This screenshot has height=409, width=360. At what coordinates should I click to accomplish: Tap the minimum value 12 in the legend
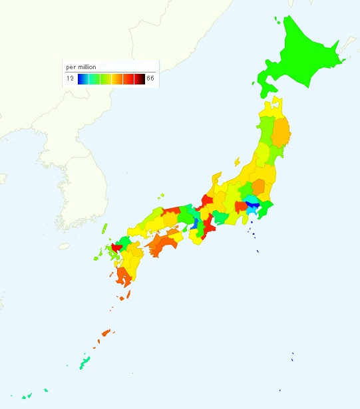pyautogui.click(x=70, y=78)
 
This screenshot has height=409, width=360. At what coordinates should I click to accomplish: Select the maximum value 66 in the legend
pyautogui.click(x=150, y=78)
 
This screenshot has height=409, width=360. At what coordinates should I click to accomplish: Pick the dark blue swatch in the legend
pyautogui.click(x=81, y=79)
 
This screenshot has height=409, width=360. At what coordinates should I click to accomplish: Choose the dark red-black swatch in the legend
pyautogui.click(x=140, y=79)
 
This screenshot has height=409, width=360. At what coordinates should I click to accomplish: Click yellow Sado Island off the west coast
pyautogui.click(x=237, y=161)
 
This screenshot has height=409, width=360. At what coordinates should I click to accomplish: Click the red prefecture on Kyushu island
pyautogui.click(x=116, y=247)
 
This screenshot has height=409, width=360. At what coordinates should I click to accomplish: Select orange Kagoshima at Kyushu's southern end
pyautogui.click(x=123, y=277)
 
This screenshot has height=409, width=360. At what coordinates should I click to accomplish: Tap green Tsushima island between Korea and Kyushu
pyautogui.click(x=105, y=229)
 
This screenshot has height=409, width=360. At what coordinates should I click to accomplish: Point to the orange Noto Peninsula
pyautogui.click(x=216, y=180)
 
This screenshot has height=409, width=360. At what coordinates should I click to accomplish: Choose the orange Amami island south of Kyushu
pyautogui.click(x=105, y=333)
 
